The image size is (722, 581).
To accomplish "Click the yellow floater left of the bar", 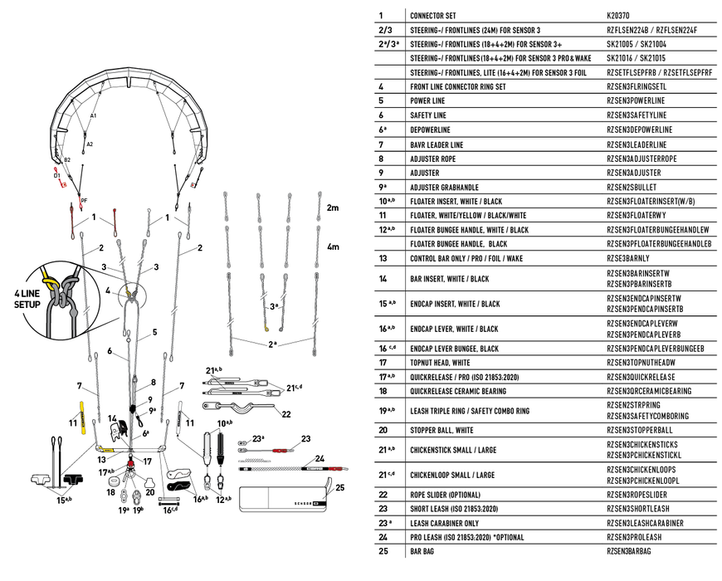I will coord(83,417).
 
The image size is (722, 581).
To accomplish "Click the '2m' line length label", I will coord(333,207).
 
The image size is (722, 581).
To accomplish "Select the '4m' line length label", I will coord(333,247).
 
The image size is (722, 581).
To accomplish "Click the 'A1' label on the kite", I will coord(94,116).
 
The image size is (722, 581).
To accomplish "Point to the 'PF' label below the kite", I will coord(83,200).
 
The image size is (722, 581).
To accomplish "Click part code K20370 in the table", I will coord(619,16).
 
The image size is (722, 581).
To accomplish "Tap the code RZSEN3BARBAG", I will coord(629,551).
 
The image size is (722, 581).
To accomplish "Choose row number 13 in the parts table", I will coord(383,258).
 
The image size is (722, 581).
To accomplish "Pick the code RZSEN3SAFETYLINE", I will coord(637,115).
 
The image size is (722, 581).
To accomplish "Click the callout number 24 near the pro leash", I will coord(319,458).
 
